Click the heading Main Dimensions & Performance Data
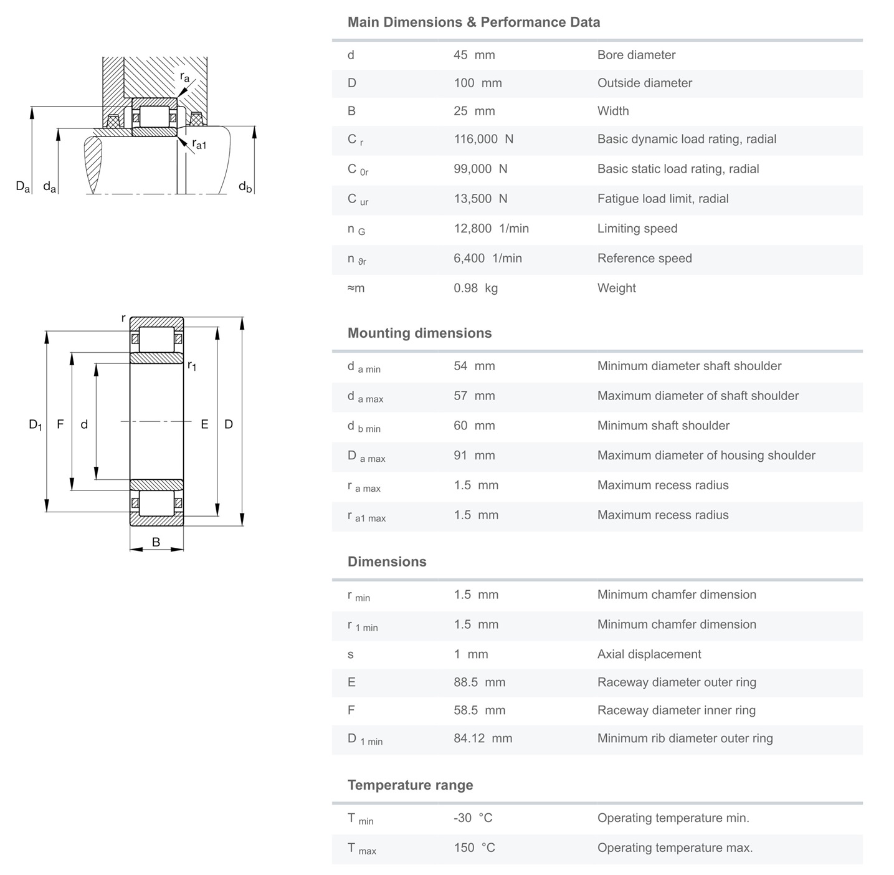tap(473, 22)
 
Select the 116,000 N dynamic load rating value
tap(483, 139)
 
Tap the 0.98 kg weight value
tap(475, 288)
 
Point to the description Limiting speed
tap(637, 228)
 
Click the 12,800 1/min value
tap(491, 228)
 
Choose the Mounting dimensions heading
tap(419, 333)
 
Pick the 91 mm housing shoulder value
tap(474, 455)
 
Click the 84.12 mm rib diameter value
tap(483, 738)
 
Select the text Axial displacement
tap(649, 654)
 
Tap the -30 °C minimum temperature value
tap(473, 818)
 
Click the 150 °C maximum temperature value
tap(474, 848)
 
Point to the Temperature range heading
tap(410, 785)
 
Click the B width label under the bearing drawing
tap(156, 542)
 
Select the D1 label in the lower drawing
tap(36, 424)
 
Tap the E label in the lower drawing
tap(204, 424)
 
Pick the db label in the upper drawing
tap(245, 186)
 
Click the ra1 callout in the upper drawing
tap(199, 145)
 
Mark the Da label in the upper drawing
tap(22, 186)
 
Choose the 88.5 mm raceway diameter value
tap(479, 682)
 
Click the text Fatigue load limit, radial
tap(662, 199)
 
